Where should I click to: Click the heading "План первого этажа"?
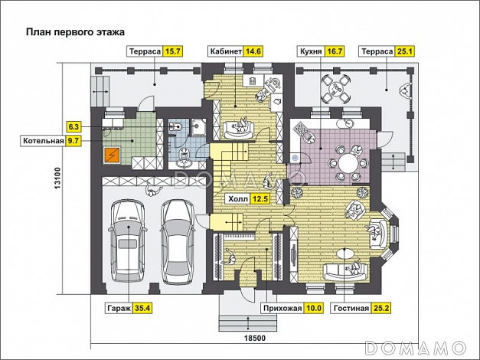[75, 32]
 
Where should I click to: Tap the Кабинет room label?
[226, 51]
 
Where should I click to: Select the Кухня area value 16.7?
[334, 51]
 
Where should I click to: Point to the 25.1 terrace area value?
[404, 51]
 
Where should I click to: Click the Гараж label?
[119, 308]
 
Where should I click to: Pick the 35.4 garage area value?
[142, 308]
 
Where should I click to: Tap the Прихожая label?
[282, 308]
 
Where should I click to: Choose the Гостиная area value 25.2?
[381, 308]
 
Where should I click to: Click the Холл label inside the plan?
[238, 199]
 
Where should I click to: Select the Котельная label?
[44, 141]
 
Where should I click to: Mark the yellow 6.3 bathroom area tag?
[74, 126]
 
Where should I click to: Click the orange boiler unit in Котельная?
[112, 155]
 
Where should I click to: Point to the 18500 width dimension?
[255, 339]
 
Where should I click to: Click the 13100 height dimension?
[58, 178]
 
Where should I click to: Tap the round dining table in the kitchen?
[348, 162]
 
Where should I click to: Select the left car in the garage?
[128, 241]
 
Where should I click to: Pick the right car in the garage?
[178, 241]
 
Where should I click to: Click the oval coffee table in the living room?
[346, 254]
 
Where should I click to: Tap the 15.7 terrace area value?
[172, 51]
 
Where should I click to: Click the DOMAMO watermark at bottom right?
[416, 348]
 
